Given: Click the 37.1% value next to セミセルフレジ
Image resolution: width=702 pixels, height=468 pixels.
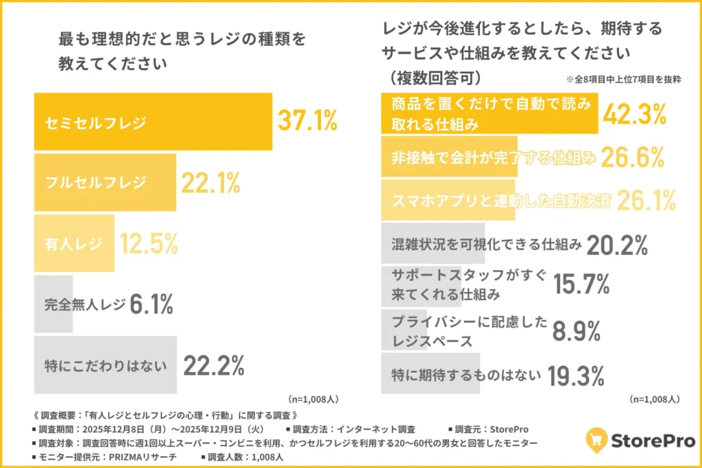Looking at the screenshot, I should [x=306, y=121].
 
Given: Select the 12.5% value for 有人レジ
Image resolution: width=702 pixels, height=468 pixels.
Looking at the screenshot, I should [x=149, y=243].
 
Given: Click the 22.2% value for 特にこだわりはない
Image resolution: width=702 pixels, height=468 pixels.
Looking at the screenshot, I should [x=213, y=366].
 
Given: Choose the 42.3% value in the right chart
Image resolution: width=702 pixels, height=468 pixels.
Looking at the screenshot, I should [x=633, y=114].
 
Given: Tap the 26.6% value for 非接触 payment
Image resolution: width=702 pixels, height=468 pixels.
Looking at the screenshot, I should [x=633, y=157].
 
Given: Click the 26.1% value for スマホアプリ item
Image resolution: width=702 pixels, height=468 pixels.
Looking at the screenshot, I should [x=646, y=200].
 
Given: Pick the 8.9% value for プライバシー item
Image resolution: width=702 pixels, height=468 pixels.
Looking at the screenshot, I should [x=577, y=332].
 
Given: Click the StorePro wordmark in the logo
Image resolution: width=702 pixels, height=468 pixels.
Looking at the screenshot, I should [x=652, y=440].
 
